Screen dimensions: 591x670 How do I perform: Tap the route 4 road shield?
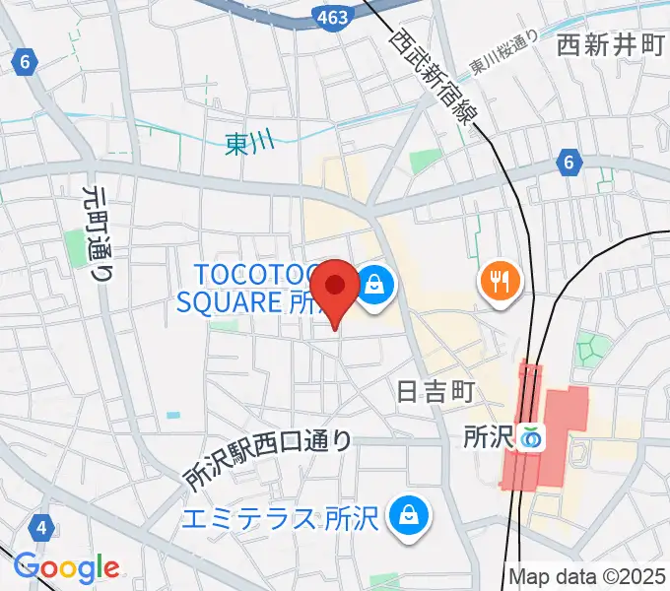point(41,529)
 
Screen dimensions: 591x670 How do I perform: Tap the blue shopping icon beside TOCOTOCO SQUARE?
point(375,286)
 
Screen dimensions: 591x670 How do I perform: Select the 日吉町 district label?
point(435,391)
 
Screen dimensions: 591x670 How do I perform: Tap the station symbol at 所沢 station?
point(533,436)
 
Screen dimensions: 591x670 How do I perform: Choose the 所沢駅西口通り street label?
point(267,461)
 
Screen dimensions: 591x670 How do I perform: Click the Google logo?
point(66,567)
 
